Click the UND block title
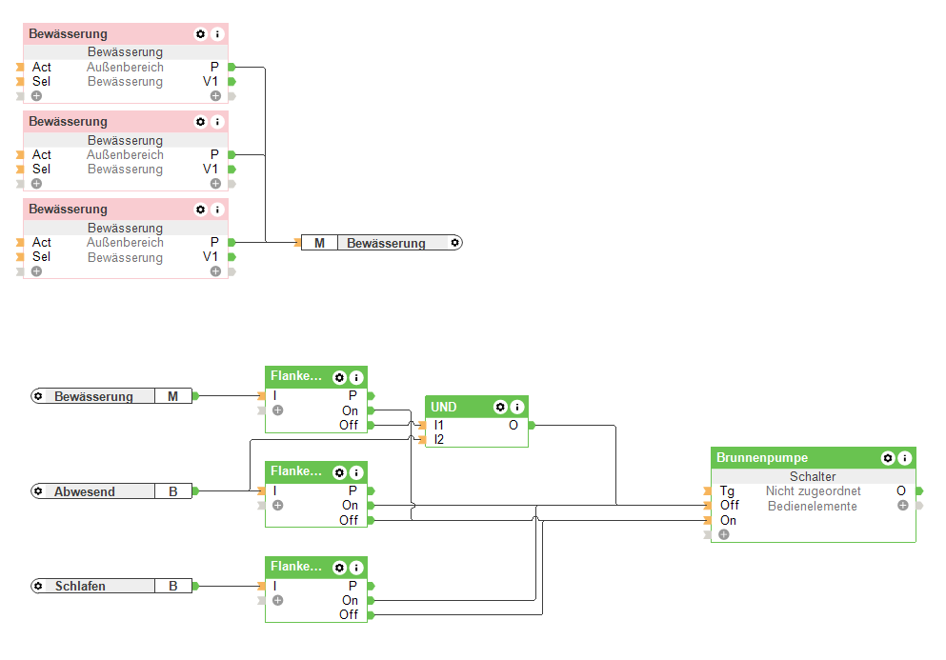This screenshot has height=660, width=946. (444, 407)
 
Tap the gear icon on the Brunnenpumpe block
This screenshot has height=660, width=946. (888, 458)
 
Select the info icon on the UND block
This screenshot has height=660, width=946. (517, 407)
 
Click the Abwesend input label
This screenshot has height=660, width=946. (85, 491)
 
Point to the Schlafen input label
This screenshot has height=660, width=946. (80, 586)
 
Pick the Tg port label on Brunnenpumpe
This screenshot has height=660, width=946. (727, 490)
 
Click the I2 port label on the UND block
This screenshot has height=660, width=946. (439, 439)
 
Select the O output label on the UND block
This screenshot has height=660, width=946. (513, 425)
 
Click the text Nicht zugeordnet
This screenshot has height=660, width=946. (813, 490)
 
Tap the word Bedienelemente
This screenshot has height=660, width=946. (813, 506)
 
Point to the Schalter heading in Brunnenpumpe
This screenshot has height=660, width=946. (813, 476)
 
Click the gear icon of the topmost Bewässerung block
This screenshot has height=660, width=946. (200, 34)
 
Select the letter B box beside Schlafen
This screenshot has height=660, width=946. (173, 586)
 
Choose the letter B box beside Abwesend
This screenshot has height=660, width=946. (173, 491)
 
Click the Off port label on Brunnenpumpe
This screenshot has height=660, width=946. (729, 505)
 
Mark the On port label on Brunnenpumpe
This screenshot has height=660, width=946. (728, 520)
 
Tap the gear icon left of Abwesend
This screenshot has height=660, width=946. (38, 491)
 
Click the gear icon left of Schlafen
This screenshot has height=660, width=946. (38, 586)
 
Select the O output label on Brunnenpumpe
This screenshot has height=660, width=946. (901, 490)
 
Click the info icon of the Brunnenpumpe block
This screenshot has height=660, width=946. (905, 458)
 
